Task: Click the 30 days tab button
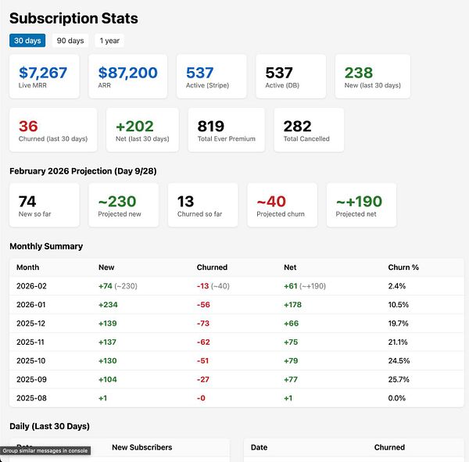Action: click(27, 41)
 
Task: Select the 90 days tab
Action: click(70, 41)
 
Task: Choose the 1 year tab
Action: click(109, 41)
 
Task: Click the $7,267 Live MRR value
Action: click(43, 73)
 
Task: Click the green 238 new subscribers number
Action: click(359, 73)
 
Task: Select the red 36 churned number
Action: click(28, 126)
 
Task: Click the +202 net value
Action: click(134, 126)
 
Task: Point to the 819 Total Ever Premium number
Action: click(211, 126)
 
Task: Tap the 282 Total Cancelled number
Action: click(297, 126)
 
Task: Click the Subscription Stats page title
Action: click(73, 18)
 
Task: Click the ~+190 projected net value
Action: click(359, 202)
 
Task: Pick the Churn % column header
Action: click(403, 267)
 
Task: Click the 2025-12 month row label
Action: click(31, 324)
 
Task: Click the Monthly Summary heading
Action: click(46, 246)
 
